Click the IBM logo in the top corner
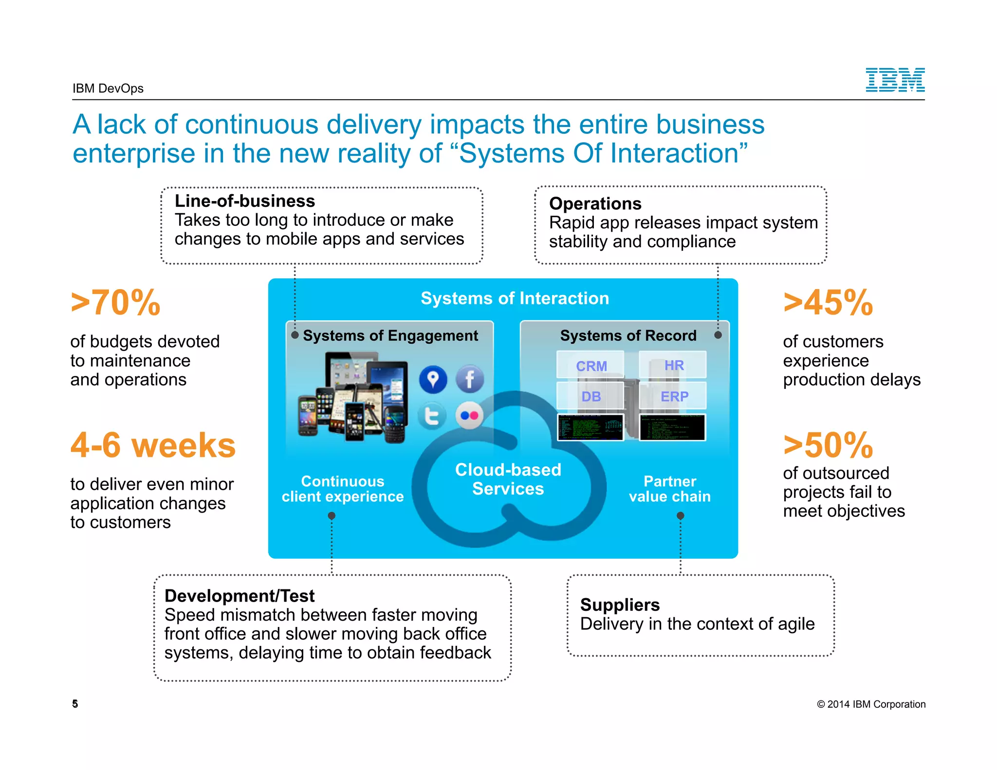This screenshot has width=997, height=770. pos(895,80)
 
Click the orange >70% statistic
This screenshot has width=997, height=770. pos(116,303)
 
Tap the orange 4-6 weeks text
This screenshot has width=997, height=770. pos(153,445)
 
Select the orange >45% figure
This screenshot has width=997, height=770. pos(828,303)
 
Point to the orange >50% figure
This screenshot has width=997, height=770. pos(828,445)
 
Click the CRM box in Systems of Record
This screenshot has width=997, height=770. pos(591,366)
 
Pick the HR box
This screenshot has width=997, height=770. pos(674,365)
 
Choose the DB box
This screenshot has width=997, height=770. pos(591,396)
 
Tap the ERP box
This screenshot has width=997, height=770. pos(674,396)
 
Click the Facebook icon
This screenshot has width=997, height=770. pos(470,379)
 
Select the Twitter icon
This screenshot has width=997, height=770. pos(432,416)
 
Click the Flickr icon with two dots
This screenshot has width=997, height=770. pos(470,416)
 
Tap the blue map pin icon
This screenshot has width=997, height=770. pos(433,379)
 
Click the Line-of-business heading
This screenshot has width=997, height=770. pos(245,201)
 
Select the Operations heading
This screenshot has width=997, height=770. pos(595,203)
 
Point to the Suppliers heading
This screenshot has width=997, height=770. pos(620,605)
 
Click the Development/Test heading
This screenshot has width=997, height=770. pos(240,596)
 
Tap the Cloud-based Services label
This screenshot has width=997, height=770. pos(508,479)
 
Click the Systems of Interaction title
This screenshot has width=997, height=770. pos(515,298)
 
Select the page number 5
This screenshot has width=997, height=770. pos(75,703)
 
